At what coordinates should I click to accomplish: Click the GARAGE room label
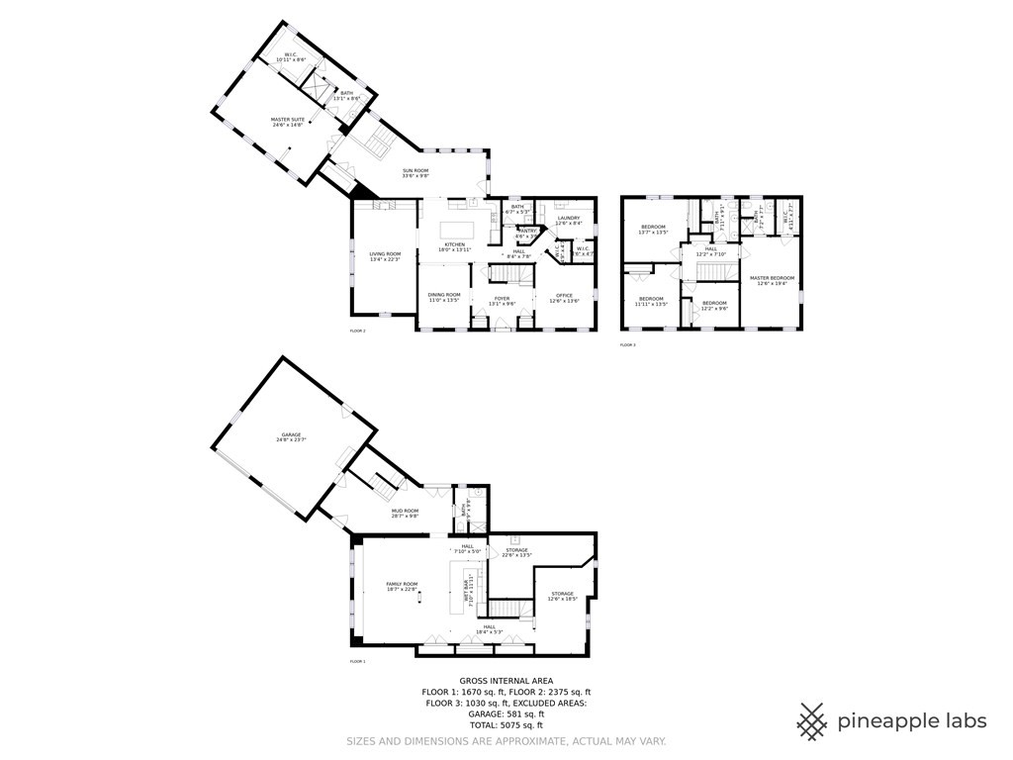290,436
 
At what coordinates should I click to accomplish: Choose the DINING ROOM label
444,296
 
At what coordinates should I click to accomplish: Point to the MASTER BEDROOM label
772,280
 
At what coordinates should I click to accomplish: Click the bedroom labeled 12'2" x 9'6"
714,305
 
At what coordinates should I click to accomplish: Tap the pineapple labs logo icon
812,720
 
